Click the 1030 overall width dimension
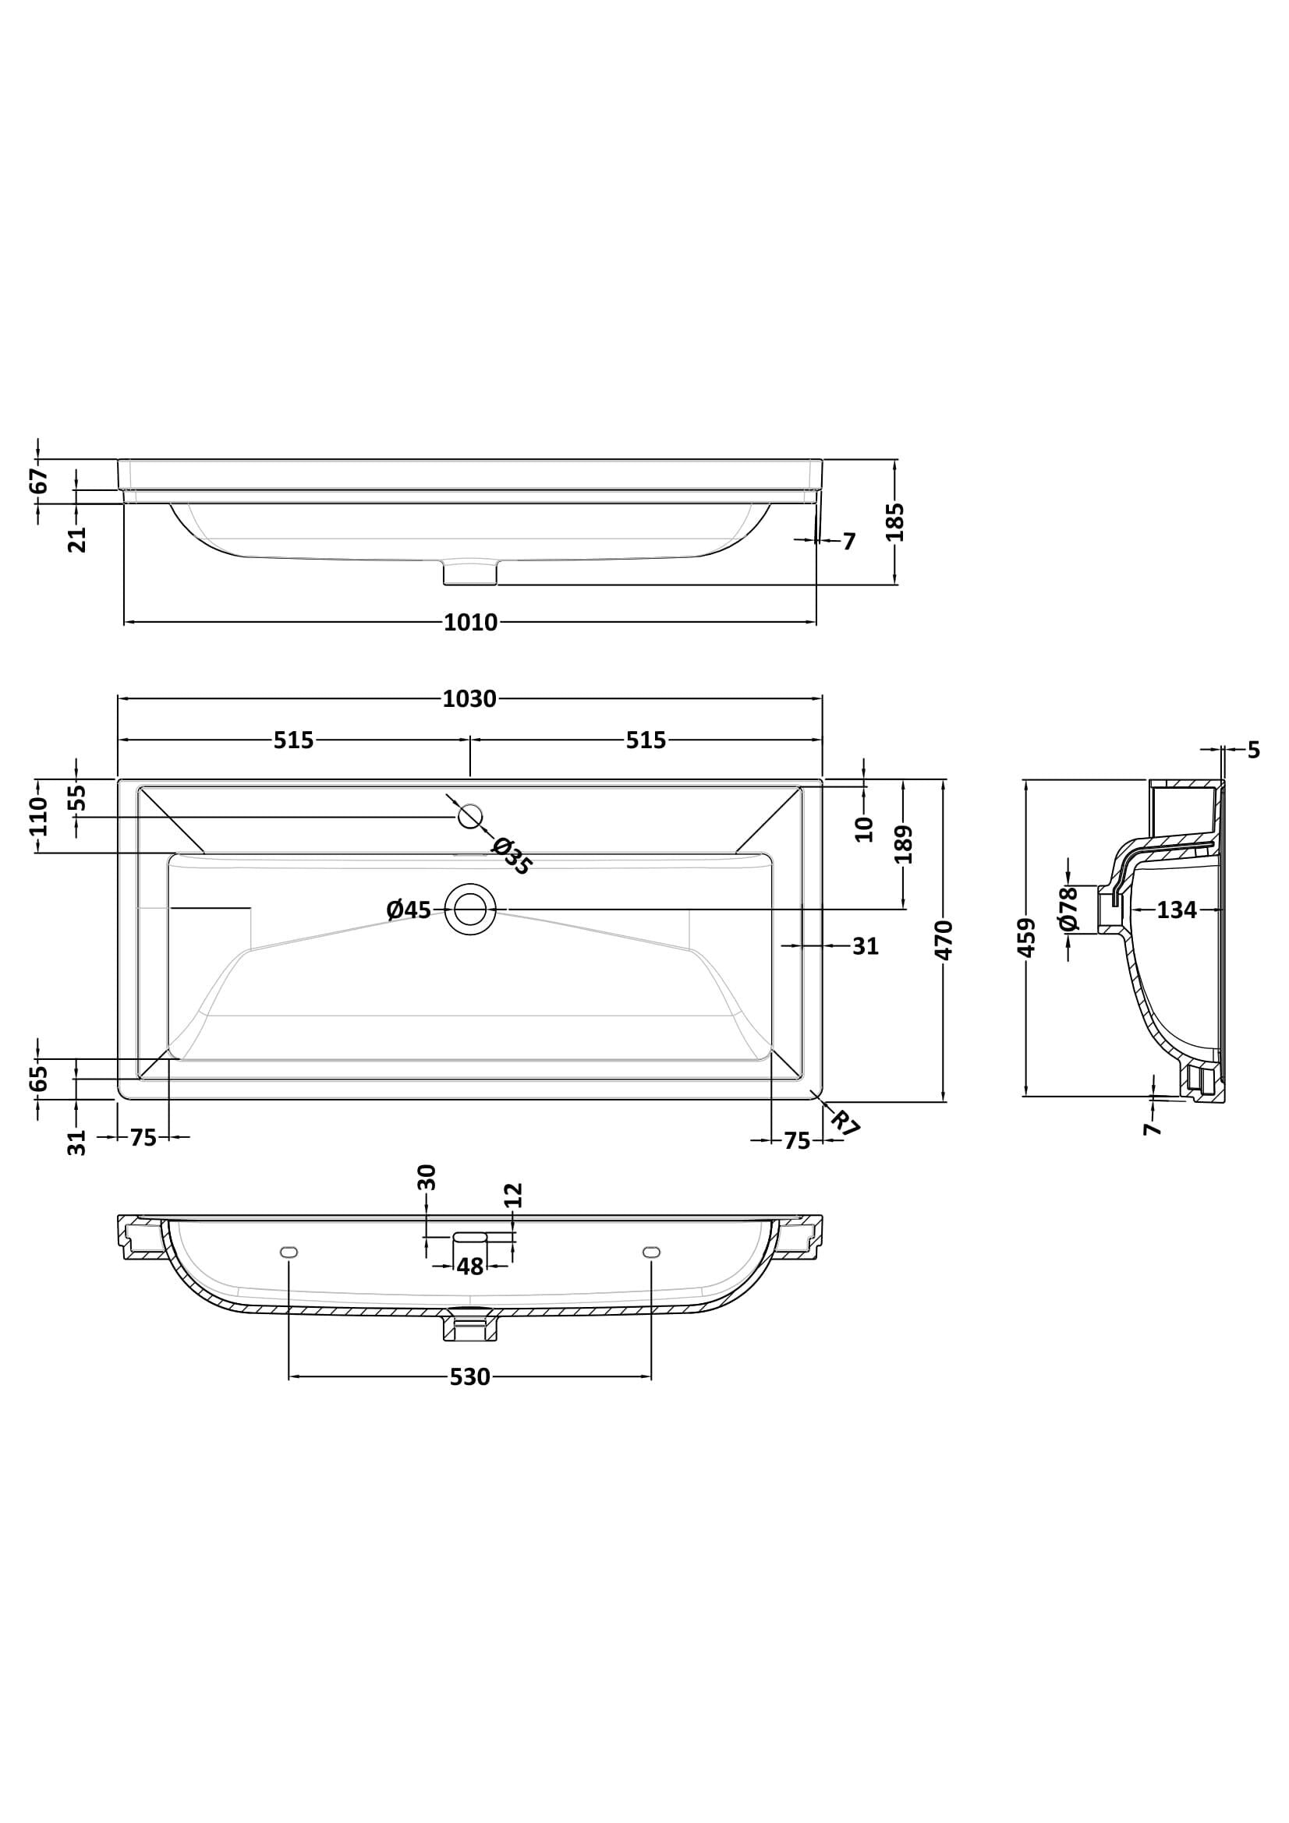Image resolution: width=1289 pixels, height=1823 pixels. pos(469,698)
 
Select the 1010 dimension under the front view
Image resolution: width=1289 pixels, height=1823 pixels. pos(470,623)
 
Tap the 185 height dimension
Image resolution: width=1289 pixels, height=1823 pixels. pos(895,521)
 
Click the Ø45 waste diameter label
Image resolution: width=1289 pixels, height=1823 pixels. pos(409,910)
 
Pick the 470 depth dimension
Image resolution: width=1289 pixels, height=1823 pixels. pos(944,940)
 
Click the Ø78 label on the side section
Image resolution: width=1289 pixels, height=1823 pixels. pos(1068,909)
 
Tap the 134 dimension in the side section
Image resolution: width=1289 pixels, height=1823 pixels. pos(1176,910)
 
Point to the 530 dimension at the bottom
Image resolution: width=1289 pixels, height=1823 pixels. pos(470,1376)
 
